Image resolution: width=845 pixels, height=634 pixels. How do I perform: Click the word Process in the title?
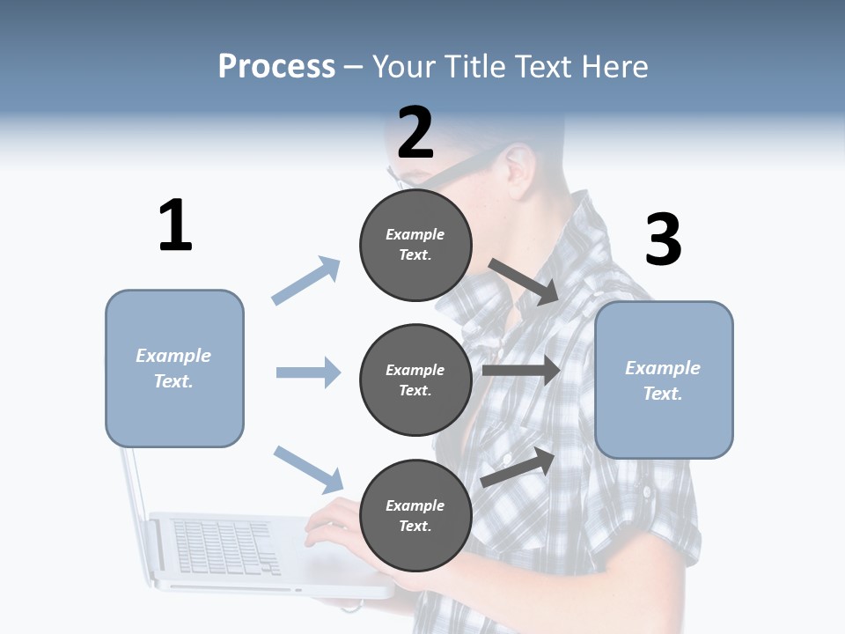tap(276, 66)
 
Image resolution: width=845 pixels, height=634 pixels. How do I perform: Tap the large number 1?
tap(175, 225)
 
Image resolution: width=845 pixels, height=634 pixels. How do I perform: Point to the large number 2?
tap(415, 133)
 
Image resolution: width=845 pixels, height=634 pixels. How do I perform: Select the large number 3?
tap(663, 240)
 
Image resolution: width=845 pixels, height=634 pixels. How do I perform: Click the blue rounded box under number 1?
tap(174, 368)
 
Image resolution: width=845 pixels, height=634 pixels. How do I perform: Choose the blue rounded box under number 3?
tap(664, 380)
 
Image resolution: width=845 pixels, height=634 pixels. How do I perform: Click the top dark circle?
tap(415, 245)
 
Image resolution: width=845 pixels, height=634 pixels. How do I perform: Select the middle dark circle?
tap(415, 380)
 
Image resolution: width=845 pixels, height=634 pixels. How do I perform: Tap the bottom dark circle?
tap(415, 515)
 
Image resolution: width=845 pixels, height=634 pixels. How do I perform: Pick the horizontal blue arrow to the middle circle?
tap(308, 372)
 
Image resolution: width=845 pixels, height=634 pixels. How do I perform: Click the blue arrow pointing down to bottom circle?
tap(308, 468)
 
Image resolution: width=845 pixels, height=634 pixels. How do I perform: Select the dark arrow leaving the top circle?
tap(523, 281)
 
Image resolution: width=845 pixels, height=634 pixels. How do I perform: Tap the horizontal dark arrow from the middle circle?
tap(521, 371)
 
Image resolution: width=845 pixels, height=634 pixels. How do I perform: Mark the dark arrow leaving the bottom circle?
tap(518, 468)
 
